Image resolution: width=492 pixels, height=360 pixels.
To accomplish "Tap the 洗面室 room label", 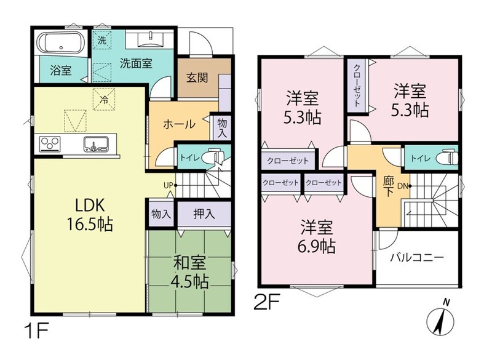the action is pyautogui.click(x=136, y=63).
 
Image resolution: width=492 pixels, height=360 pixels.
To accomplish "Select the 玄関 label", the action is pyautogui.click(x=197, y=78).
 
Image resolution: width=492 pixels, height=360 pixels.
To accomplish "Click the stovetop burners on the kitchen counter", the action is pyautogui.click(x=50, y=143).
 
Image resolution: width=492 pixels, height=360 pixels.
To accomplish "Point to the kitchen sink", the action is pyautogui.click(x=96, y=144).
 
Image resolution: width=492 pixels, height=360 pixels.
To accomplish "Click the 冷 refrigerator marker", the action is pyautogui.click(x=104, y=100).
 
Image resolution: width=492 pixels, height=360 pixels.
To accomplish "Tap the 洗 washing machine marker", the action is pyautogui.click(x=101, y=40).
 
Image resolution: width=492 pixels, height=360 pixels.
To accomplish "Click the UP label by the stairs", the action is pyautogui.click(x=168, y=185).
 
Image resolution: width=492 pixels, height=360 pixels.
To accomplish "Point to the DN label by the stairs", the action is pyautogui.click(x=403, y=186).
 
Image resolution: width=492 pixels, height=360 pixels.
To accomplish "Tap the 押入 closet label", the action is pyautogui.click(x=204, y=214).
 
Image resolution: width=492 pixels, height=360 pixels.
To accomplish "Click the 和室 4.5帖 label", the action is pyautogui.click(x=190, y=272).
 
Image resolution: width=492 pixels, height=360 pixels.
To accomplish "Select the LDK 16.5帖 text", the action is pyautogui.click(x=89, y=215).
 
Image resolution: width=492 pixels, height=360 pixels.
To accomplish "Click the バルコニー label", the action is pyautogui.click(x=417, y=258).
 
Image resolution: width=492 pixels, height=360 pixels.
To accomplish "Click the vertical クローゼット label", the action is pyautogui.click(x=357, y=85).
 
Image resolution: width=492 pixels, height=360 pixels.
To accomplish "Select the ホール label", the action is pyautogui.click(x=179, y=124).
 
